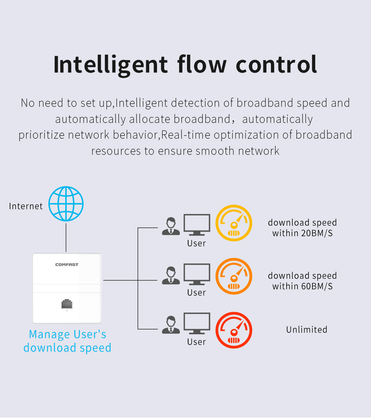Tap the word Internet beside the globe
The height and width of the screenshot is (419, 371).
coord(26,206)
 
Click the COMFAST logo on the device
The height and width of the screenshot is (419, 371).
coord(67,265)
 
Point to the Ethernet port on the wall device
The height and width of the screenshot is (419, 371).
coord(67,304)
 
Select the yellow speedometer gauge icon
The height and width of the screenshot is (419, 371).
coord(234,223)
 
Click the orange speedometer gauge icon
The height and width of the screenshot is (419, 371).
coord(234,277)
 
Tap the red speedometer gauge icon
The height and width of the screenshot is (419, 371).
coord(234,331)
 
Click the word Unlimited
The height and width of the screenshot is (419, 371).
coord(307,330)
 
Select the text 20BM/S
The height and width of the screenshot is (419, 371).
coord(317,233)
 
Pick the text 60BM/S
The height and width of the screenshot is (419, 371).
coord(317,286)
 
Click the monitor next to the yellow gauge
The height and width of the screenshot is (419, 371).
coord(197,224)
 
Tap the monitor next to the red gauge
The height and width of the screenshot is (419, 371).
coord(197,323)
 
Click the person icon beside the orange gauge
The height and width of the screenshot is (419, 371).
coord(171,275)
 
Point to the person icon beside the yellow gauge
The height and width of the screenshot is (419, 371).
coord(171,226)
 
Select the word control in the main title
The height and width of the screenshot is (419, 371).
coord(277,64)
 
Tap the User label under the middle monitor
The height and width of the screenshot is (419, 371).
coord(197,293)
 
